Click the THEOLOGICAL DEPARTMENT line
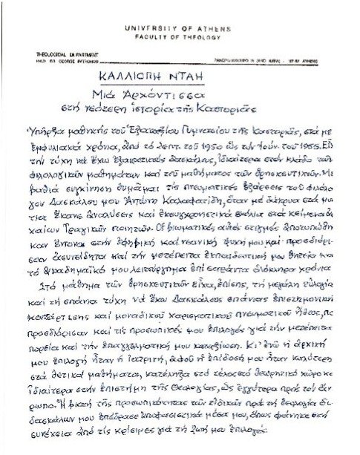pyautogui.click(x=57, y=53)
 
